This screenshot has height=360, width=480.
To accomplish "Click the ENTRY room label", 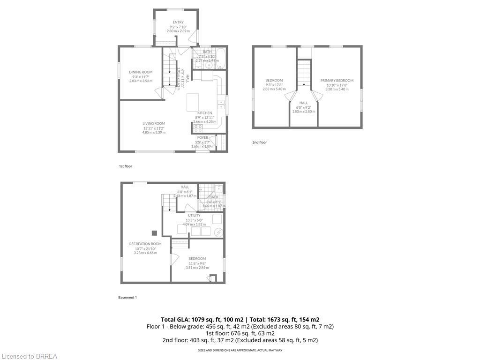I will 178,22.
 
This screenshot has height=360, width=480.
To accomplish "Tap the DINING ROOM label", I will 141,72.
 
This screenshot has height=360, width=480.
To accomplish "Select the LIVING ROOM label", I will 154,123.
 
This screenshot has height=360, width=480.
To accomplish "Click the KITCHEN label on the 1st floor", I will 204,113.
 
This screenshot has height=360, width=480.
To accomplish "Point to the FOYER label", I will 202,137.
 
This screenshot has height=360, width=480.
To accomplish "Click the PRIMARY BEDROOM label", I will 337,80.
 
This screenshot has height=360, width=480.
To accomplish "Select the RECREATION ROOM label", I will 145,244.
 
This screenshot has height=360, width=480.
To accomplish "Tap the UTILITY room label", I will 194,215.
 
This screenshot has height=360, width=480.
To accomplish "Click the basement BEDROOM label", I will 197,258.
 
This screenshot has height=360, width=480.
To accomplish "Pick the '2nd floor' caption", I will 259,142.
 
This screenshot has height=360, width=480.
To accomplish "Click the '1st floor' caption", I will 125,166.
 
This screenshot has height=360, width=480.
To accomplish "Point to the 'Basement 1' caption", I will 127,297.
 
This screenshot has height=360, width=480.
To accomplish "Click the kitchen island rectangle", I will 193,102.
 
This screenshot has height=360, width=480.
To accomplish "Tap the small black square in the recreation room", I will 154,232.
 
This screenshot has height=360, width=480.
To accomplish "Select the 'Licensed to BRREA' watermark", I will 29,356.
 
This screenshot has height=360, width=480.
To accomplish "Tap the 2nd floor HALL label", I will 304,103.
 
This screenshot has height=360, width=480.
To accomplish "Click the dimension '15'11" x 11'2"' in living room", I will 154,128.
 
